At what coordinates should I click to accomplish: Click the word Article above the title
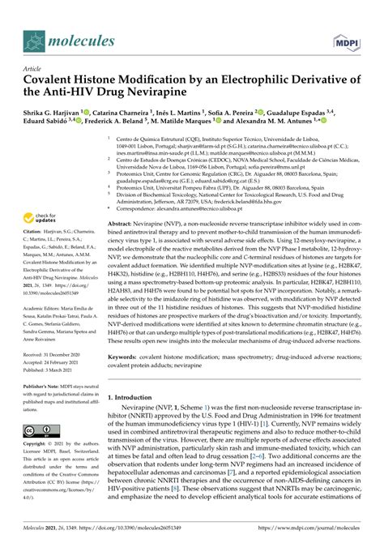tap(35, 69)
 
